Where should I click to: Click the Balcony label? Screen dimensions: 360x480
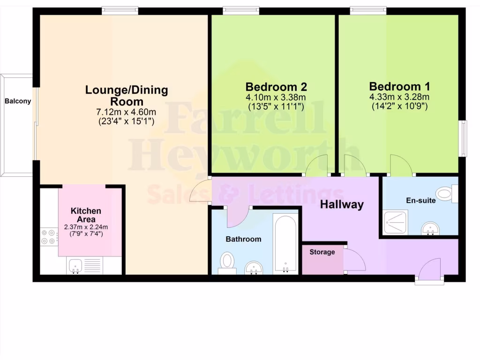tap(18, 101)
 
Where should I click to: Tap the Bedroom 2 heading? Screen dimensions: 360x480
tap(276, 87)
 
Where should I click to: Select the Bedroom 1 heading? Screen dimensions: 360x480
tap(399, 87)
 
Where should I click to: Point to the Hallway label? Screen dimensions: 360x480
tap(342, 204)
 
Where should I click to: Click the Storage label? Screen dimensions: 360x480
tap(322, 252)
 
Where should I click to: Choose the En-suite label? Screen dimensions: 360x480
tap(420, 201)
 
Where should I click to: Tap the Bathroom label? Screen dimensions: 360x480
tap(243, 239)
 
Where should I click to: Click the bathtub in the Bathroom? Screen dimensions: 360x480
tap(285, 243)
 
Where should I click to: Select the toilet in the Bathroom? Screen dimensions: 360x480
tap(227, 262)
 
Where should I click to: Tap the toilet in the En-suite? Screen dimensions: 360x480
tap(446, 193)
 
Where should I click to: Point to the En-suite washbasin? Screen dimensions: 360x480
tap(430, 228)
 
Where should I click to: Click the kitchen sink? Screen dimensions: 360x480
tap(76, 265)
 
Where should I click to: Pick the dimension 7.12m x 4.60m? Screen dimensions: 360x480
tap(126, 112)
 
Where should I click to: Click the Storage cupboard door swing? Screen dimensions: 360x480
tap(354, 260)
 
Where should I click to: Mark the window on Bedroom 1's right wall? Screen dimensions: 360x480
tap(463, 138)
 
